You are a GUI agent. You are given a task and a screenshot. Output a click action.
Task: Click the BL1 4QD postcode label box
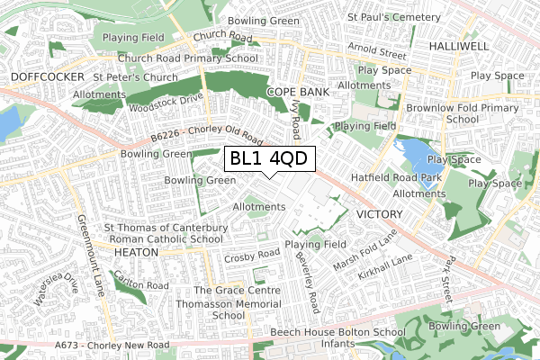point(269,159)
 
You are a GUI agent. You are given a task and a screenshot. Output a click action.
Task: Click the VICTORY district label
point(382,214)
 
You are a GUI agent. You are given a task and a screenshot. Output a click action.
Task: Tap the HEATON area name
point(137,254)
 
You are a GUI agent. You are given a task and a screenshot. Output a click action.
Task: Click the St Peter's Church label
point(135,78)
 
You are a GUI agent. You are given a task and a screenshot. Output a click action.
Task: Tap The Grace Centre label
point(232,290)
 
